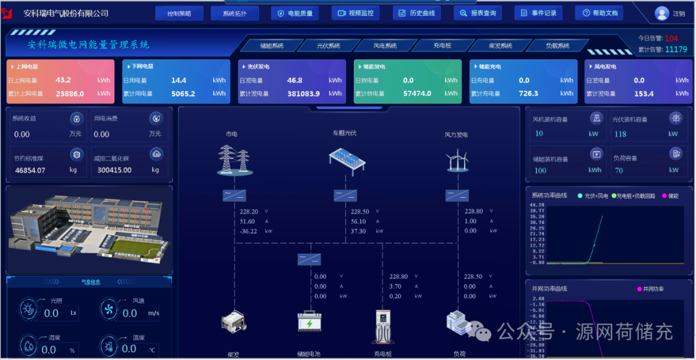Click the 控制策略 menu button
point(179,14)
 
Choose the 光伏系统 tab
point(328,46)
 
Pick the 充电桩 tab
point(442,46)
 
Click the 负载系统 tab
point(557,46)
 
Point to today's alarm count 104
point(672,38)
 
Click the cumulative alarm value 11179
point(676,50)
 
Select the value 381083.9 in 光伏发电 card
point(304,93)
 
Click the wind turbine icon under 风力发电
point(456,160)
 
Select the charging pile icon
point(383,326)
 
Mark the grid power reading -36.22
point(249,231)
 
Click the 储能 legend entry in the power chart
point(670,196)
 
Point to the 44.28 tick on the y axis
point(536,205)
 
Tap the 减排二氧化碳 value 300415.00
point(114,170)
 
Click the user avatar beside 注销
point(662,14)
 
